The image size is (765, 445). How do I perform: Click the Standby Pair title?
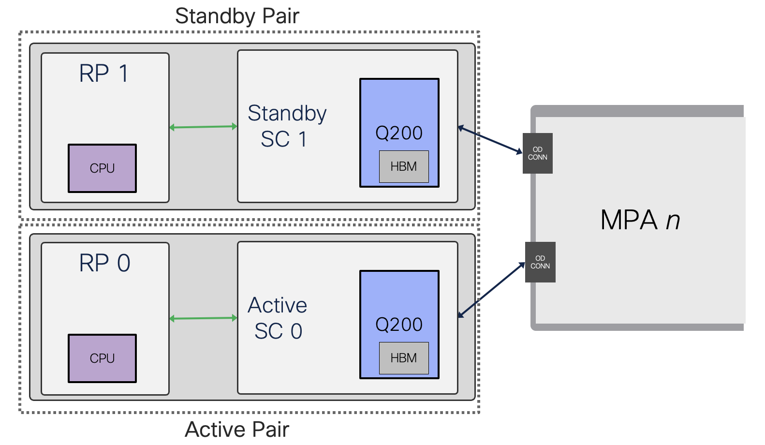point(237,16)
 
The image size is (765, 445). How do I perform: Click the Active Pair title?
point(237,429)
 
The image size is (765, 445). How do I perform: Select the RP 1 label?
point(104,74)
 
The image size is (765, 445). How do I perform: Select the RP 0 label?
point(104,263)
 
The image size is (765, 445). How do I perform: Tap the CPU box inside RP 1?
point(102,168)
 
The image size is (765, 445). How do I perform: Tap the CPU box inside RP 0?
point(102,358)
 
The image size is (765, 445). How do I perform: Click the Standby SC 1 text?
point(286,126)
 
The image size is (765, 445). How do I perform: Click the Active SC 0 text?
point(278,318)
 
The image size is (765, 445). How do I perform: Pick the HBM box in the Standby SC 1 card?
point(404,166)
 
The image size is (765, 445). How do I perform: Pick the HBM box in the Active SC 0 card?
point(404,358)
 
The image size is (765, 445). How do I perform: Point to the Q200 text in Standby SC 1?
point(399,133)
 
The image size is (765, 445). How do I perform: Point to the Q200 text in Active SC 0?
point(399,325)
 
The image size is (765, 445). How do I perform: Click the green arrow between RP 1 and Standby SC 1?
point(203,127)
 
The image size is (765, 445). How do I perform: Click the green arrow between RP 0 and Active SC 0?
point(203,318)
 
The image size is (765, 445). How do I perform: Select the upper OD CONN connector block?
point(537,153)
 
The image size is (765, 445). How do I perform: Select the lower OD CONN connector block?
point(540,262)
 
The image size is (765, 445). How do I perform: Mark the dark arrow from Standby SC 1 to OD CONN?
point(490,140)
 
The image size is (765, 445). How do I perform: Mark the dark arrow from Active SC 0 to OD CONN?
point(491,290)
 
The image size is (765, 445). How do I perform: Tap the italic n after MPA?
point(673,221)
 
